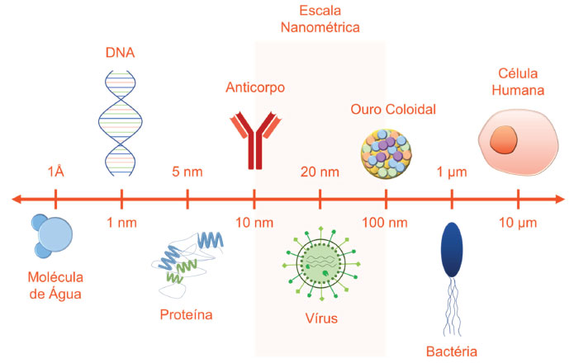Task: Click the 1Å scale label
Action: (x=55, y=172)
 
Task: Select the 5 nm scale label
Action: (x=187, y=172)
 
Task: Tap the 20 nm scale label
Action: (x=320, y=172)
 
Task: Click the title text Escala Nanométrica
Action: (x=320, y=19)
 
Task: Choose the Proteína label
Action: (x=187, y=314)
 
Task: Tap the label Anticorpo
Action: (x=255, y=87)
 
